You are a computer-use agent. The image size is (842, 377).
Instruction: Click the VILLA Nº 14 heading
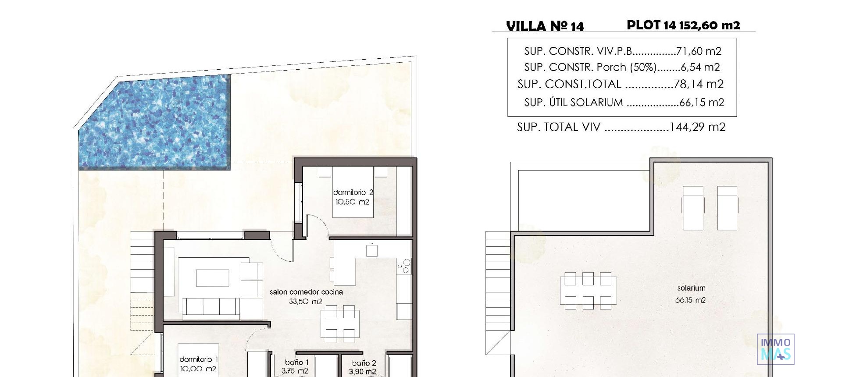coord(545,26)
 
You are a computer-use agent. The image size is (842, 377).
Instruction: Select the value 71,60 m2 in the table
coord(699,51)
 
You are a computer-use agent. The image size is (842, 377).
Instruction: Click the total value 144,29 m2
coord(697,128)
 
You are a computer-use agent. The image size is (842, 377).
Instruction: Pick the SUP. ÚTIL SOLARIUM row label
coord(574,103)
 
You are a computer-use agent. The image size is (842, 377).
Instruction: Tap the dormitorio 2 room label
coord(353,192)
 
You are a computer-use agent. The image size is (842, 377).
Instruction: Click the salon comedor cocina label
coord(306,292)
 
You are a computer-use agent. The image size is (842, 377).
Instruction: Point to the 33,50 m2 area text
coord(306,302)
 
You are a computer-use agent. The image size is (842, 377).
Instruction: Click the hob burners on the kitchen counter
coord(404,266)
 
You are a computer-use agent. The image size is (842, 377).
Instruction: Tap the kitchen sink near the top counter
coord(372,250)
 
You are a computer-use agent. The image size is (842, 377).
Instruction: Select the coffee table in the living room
coord(212,278)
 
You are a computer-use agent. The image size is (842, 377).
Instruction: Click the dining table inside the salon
coord(340,324)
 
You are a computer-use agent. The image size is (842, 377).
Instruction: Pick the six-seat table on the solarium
coord(588,291)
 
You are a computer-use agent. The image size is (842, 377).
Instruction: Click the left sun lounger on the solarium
coord(693,207)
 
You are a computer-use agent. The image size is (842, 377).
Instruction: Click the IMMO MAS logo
coord(776,349)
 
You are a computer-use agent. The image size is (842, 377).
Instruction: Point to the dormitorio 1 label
coord(199,359)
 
